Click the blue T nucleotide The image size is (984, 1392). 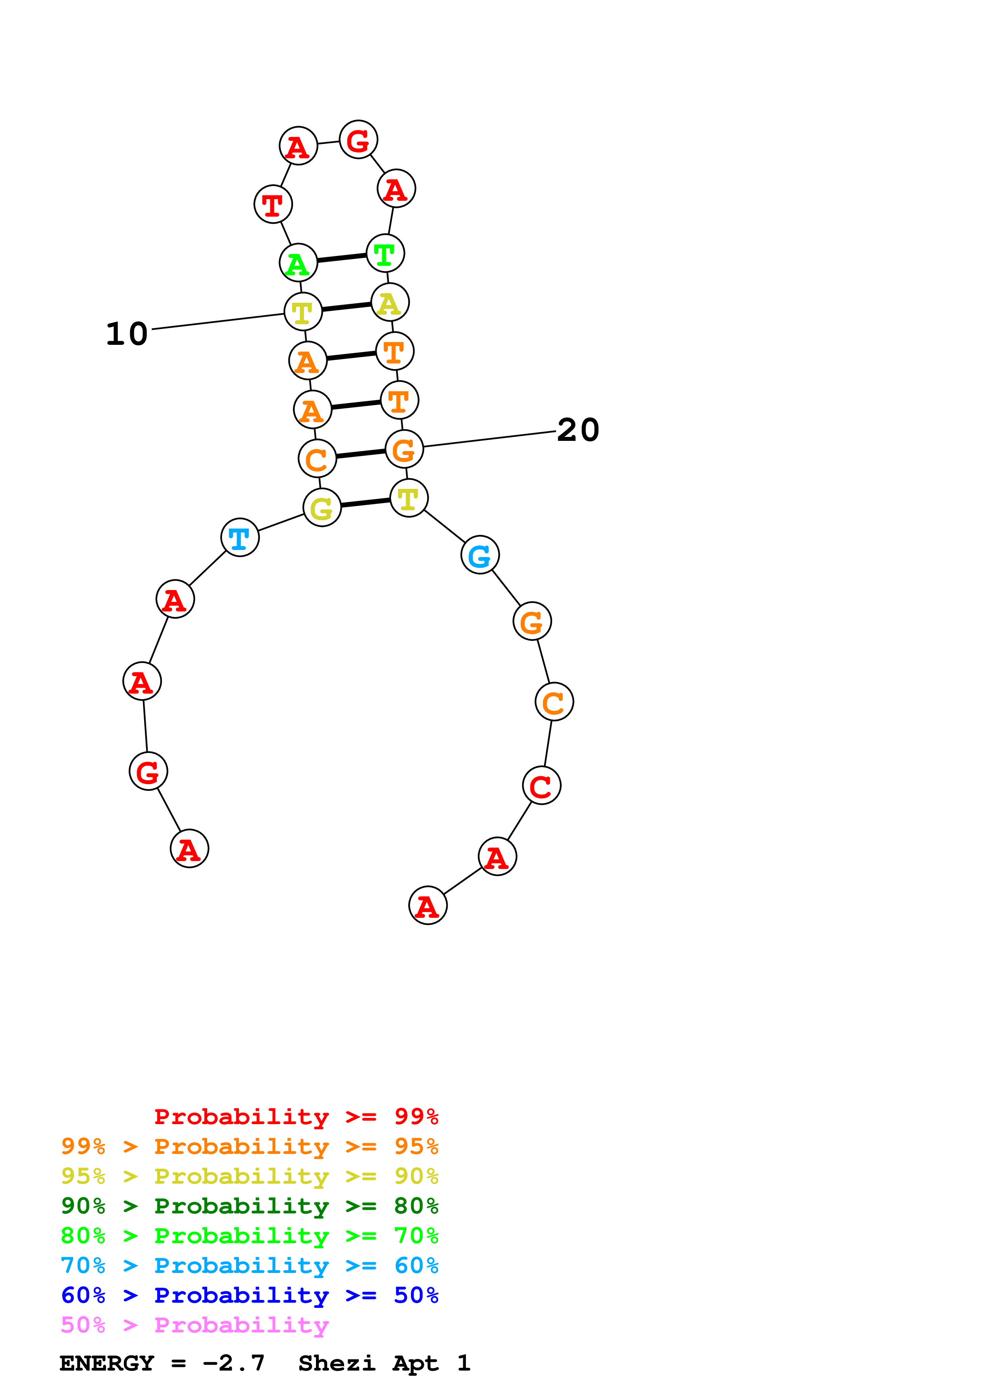click(240, 537)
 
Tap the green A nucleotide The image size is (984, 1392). click(298, 263)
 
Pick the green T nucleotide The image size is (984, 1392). click(385, 254)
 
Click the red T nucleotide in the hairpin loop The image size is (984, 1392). click(273, 204)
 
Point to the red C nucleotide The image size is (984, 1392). click(541, 786)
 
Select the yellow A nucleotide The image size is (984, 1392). click(390, 302)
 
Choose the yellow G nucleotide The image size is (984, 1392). click(322, 508)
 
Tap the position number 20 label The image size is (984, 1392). click(578, 430)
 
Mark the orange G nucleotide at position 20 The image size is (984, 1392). click(404, 449)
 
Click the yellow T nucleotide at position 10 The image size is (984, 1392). click(302, 311)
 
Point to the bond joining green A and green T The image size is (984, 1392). click(341, 258)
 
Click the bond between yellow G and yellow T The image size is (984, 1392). click(366, 503)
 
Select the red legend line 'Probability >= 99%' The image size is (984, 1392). click(296, 1116)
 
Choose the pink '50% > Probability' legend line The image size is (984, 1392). click(194, 1324)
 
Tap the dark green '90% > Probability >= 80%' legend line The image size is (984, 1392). click(249, 1205)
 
